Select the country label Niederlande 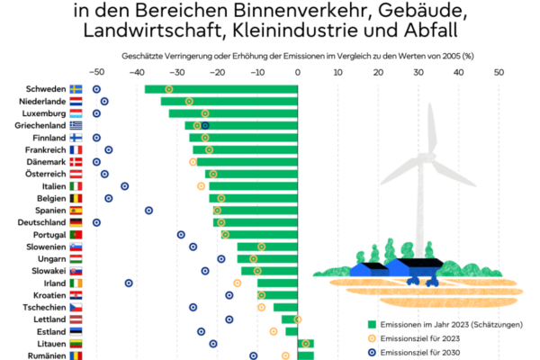tap(41, 102)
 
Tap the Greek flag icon tap(76, 126)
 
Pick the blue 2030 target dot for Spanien tap(148, 210)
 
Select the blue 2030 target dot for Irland tap(129, 283)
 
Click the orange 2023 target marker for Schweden tap(169, 89)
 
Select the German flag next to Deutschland tap(76, 222)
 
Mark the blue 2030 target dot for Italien tap(124, 185)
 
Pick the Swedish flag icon tap(76, 89)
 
